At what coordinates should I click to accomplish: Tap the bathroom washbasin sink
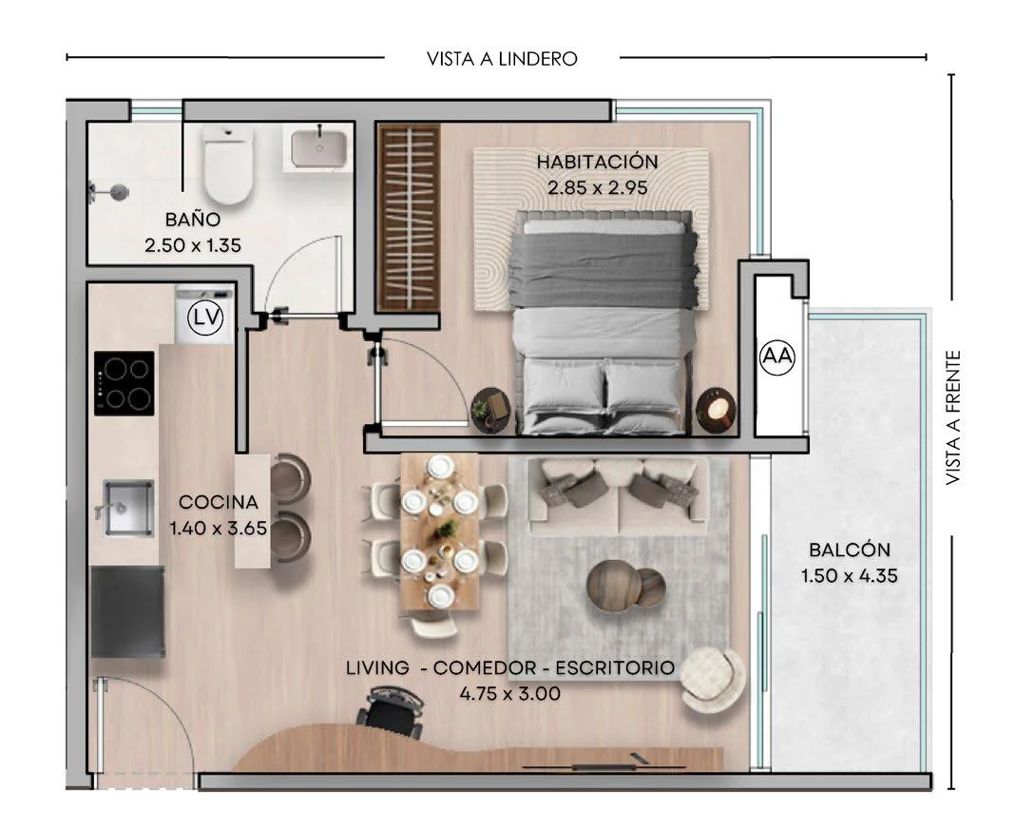point(318,148)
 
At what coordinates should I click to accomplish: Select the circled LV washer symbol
point(205,318)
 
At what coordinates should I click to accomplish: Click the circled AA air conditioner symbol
point(776,357)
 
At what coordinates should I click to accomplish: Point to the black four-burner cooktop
point(125,383)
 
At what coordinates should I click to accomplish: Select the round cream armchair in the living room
point(713,680)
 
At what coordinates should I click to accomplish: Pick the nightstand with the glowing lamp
point(717,410)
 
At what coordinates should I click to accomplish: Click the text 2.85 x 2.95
point(598,188)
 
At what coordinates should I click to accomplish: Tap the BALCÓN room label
point(850,550)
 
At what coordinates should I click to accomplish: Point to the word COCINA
point(219,502)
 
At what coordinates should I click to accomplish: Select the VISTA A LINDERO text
point(502,59)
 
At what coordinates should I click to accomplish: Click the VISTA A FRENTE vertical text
point(952,417)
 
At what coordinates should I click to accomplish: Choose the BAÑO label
point(193,219)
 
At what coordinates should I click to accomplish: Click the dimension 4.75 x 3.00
point(510,694)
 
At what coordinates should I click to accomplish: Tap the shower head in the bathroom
point(108,192)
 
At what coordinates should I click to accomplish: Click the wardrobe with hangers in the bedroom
point(408,217)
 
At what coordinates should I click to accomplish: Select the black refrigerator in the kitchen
point(126,611)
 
